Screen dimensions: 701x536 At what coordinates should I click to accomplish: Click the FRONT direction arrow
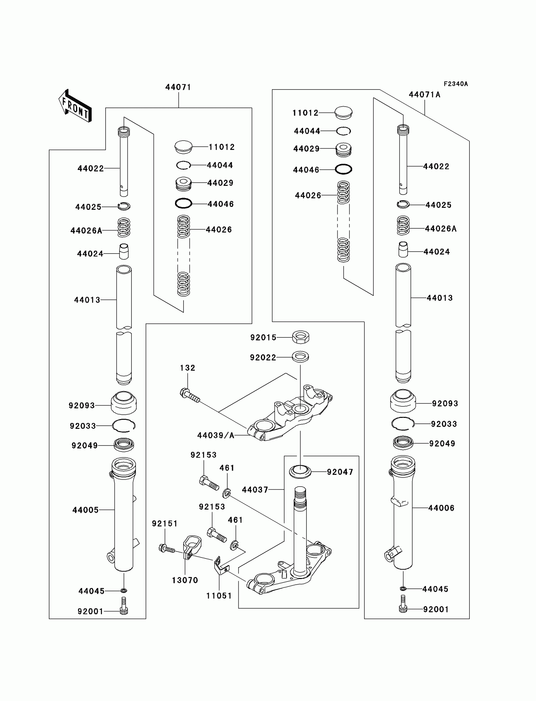75,106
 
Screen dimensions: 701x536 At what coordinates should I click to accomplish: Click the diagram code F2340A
455,84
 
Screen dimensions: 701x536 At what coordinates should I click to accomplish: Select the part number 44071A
424,95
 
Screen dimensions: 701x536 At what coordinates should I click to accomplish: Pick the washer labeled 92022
300,357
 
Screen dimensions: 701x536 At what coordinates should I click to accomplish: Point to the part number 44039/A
216,435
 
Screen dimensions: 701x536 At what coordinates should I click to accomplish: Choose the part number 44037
255,489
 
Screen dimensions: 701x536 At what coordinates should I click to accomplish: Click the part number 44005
85,510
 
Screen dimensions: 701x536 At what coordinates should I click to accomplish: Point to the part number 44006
441,508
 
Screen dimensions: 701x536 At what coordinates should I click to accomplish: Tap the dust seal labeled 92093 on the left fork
124,403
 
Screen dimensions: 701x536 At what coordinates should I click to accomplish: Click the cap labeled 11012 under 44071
184,147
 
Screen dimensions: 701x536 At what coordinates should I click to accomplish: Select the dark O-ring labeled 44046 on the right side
344,169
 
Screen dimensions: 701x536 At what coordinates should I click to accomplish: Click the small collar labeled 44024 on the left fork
124,251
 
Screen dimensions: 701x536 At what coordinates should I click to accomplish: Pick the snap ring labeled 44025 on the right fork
403,205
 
